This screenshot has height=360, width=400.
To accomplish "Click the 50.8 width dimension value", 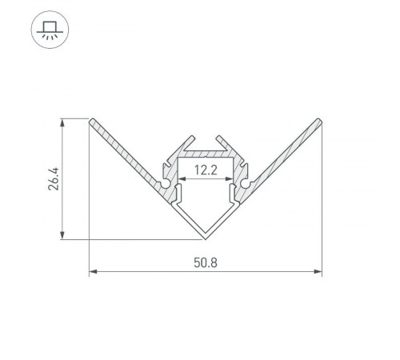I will (x=205, y=262).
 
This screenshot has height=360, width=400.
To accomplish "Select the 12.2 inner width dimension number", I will (x=205, y=170).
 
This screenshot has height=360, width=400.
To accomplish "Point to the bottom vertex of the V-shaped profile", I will (x=205, y=238).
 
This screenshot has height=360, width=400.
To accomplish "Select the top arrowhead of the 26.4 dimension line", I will (x=61, y=122).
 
